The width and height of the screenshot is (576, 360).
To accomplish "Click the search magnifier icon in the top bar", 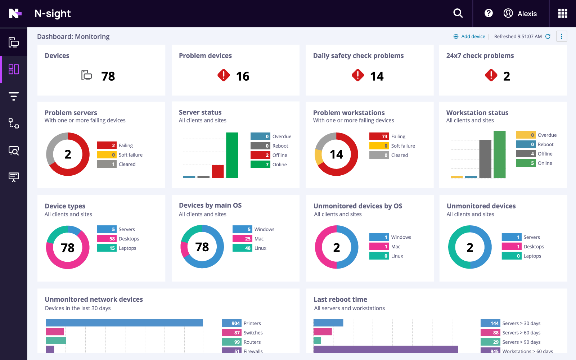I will pos(458,13).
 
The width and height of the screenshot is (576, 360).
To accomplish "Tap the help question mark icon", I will pos(489,13).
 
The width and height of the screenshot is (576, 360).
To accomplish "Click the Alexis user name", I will pos(527,14).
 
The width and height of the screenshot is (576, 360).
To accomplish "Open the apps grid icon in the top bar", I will pos(562,13).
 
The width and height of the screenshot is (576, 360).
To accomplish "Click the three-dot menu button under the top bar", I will pos(561,36).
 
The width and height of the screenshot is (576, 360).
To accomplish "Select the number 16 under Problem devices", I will pos(243,76).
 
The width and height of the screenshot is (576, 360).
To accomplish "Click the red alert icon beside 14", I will pos(358,75).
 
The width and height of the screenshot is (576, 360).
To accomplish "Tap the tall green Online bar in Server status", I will pos(232,155).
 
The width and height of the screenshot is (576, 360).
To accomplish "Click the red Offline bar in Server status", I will pos(218,171).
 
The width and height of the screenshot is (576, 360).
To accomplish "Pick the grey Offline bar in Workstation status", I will pos(485,159).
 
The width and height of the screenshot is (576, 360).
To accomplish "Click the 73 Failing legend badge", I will pos(379,136).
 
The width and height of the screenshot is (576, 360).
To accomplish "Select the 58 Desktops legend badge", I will pos(107,239).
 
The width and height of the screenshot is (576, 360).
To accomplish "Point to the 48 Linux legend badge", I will pos(242,248).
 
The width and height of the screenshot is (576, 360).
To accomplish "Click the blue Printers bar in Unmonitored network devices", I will pos(124,323).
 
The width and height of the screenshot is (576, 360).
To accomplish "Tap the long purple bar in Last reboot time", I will pos(386,349).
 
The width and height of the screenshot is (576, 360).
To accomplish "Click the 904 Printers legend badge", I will pos(231,323).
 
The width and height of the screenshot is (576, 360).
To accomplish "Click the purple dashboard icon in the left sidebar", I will pos(14,69).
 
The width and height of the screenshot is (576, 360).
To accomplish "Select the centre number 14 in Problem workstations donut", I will pos(336,154).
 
